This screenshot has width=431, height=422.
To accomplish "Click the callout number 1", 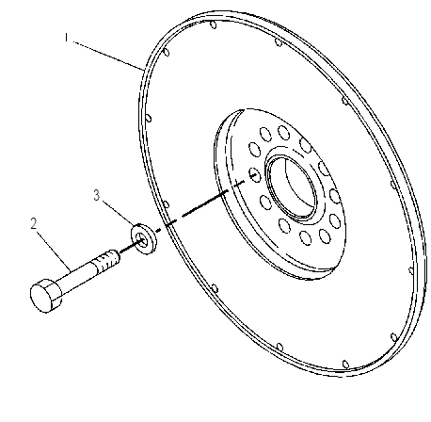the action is pos(66,38).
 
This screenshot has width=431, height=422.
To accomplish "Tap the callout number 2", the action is pos(34,223).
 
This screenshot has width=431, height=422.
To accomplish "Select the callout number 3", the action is pos(97,195).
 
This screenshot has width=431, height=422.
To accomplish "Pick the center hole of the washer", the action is pos(143,241).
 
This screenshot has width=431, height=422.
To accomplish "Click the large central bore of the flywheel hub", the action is pos(291,187).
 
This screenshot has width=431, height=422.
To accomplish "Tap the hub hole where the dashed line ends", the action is pos(254,175).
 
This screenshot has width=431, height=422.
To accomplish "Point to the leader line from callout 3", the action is pos(118,214).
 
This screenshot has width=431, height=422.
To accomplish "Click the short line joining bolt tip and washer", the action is pos(129,247).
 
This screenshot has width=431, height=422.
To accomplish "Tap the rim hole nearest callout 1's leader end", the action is pos(167,52).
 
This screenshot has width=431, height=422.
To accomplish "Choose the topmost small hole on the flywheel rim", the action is pos(214,24).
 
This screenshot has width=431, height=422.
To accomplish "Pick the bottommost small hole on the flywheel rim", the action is pos(345,364).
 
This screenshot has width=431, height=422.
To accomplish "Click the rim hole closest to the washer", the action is pos(166,205).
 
